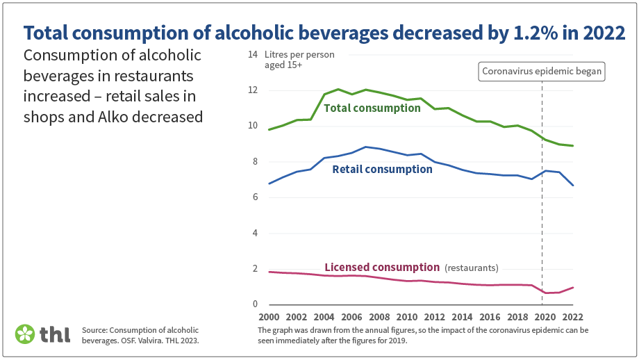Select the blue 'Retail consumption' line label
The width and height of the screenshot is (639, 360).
coord(382,170)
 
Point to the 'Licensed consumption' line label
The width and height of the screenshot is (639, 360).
coord(382,268)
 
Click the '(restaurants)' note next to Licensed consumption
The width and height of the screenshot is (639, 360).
coord(472,268)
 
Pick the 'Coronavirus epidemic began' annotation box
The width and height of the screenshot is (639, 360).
coord(542,71)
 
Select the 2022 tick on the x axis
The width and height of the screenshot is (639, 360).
coord(573,316)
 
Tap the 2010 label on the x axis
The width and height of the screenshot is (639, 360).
coord(406,316)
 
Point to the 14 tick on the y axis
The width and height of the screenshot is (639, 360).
coord(253,55)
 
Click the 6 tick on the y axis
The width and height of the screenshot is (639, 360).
coord(255,197)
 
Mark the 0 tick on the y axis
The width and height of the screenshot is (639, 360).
coord(255,304)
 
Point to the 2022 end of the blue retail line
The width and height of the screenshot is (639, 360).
coord(573,186)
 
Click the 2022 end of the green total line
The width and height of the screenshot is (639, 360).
coord(573,146)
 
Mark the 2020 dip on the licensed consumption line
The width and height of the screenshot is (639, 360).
coord(545,293)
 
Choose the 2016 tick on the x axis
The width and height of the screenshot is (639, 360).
coord(490,316)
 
